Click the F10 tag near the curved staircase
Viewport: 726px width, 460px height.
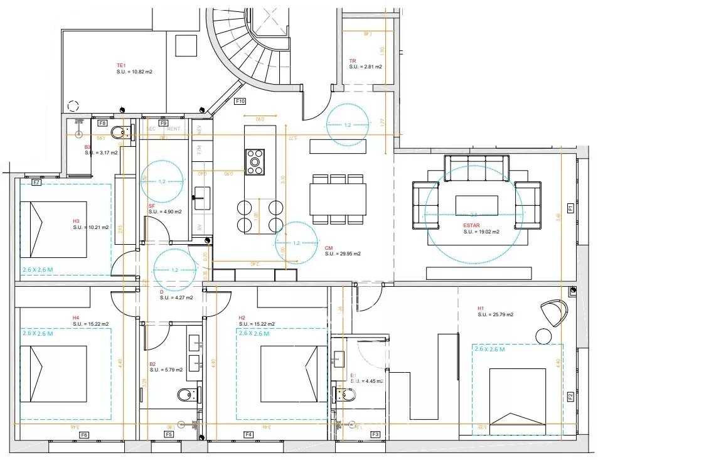pos(240,101)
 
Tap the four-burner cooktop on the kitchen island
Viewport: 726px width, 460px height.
pos(255,161)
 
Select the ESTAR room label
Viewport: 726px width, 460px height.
pos(472,226)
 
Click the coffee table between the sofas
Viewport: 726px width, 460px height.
pos(476,205)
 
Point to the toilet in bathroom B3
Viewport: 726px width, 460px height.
pos(119,132)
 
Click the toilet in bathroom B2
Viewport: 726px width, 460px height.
pos(187,395)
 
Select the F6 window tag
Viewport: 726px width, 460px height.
pos(84,435)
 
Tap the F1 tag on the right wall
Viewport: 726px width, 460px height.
pos(570,208)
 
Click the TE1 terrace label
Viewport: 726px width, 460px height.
pos(122,65)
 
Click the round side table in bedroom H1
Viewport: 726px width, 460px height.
pos(543,336)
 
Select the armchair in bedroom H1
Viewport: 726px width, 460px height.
pos(554,312)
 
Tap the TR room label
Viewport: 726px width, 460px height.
pos(353,61)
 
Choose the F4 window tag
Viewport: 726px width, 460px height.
pos(248,435)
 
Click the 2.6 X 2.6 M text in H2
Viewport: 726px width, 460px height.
pos(254,334)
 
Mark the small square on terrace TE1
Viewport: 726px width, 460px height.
pos(186,46)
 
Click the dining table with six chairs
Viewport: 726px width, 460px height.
pos(338,199)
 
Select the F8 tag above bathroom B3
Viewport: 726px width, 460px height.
pos(102,123)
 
